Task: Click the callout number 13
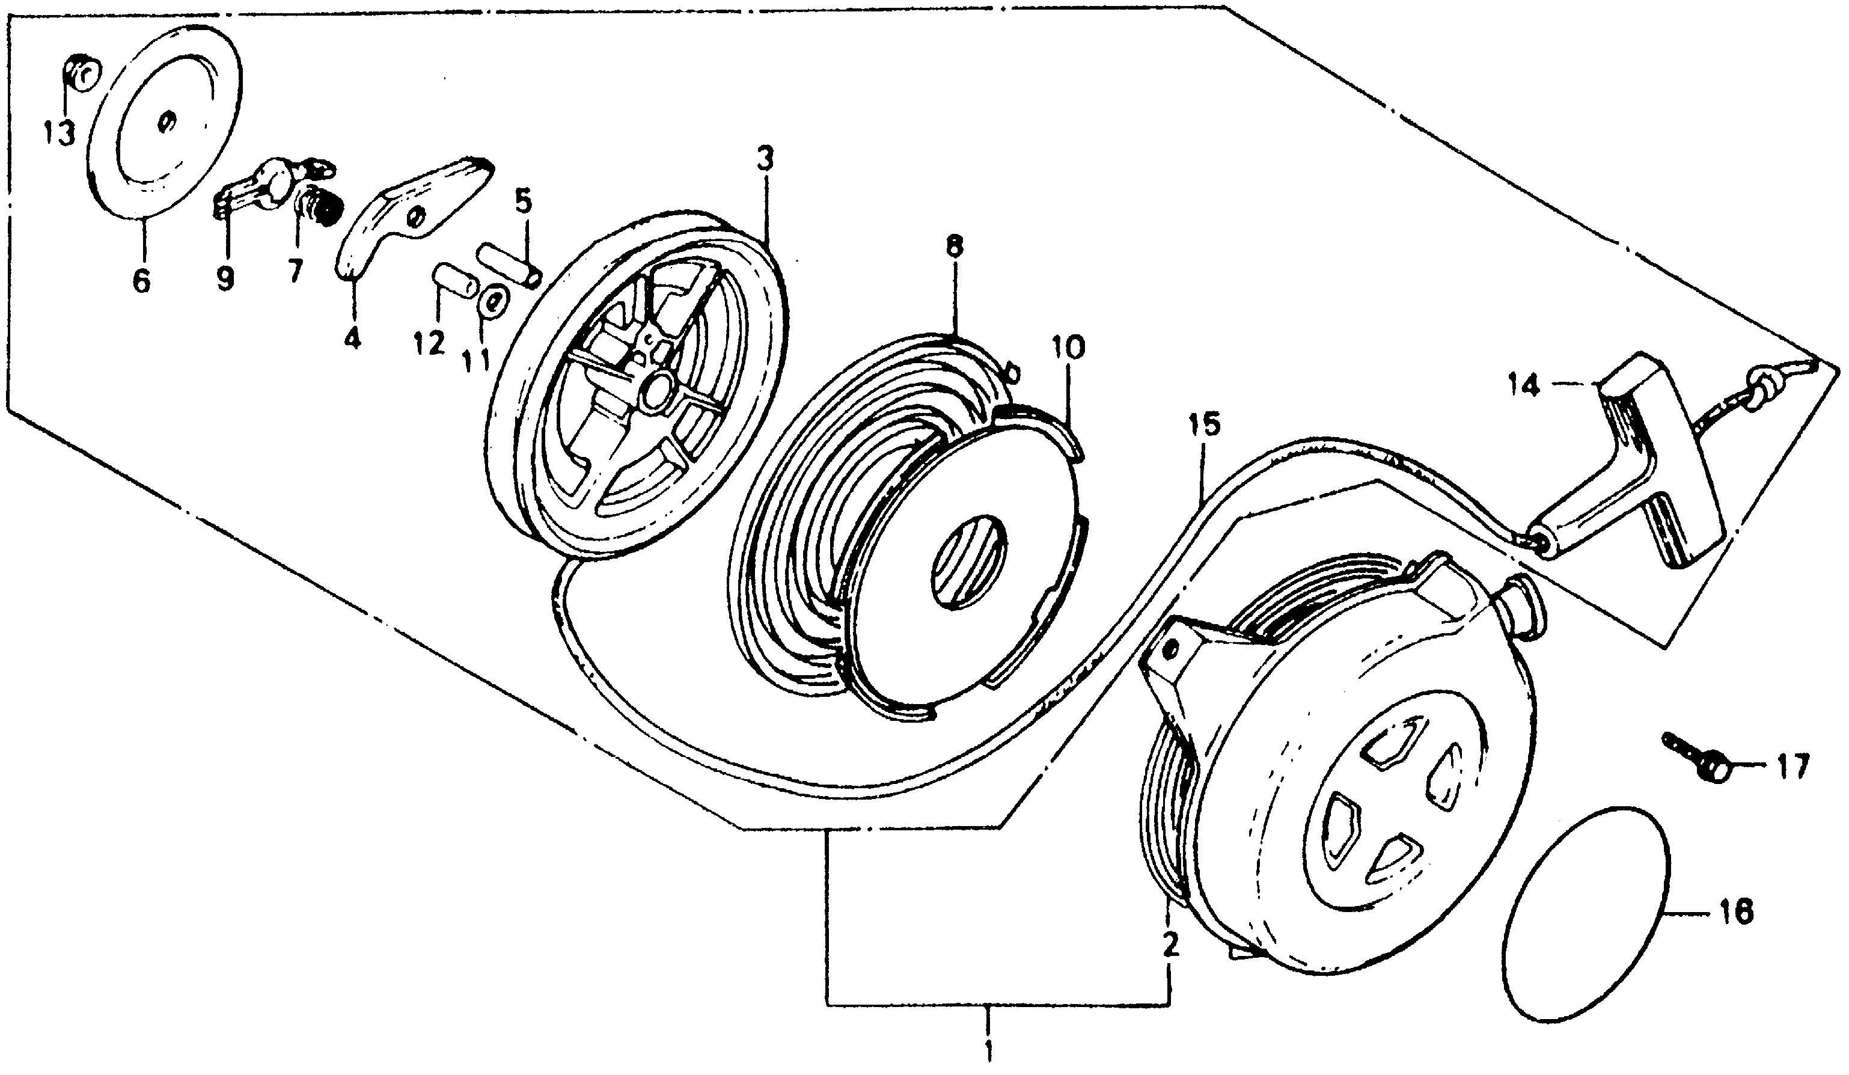pos(60,134)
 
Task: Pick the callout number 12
pos(429,343)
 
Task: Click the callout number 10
pos(1068,347)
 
